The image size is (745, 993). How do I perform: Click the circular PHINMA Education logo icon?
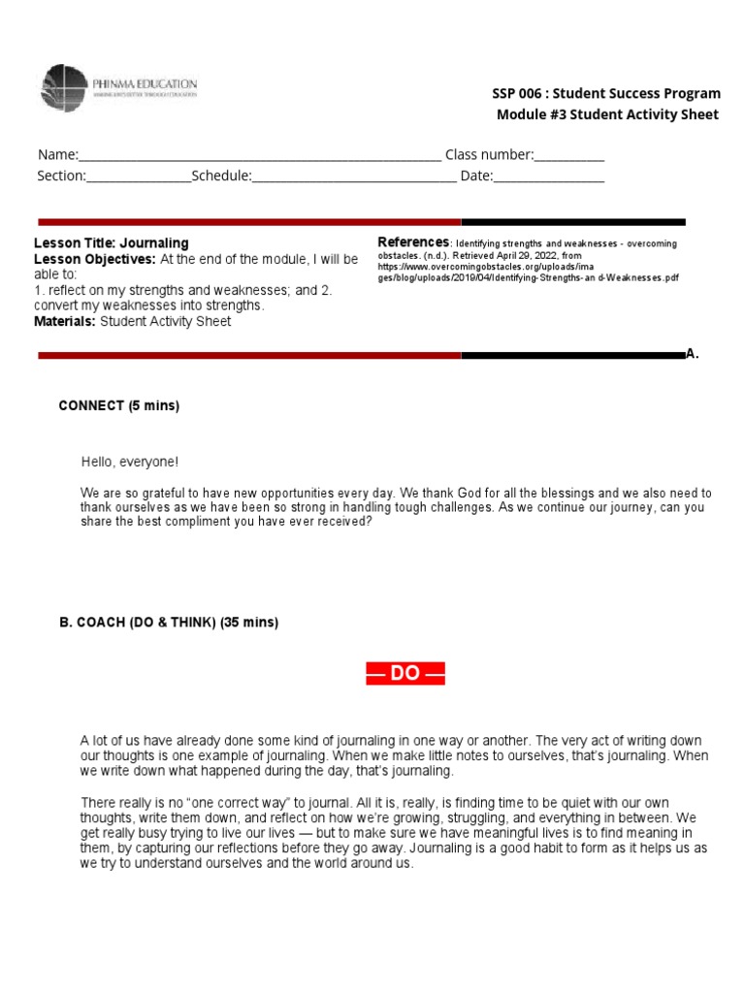click(x=64, y=89)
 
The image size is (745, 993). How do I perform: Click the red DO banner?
click(x=405, y=674)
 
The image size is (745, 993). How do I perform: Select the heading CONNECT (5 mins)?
click(x=119, y=406)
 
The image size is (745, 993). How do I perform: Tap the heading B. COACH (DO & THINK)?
click(x=169, y=623)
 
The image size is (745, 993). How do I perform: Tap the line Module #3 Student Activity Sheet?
click(x=607, y=115)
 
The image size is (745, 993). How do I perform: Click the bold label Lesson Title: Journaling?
click(x=112, y=243)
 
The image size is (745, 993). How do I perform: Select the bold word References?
click(x=412, y=241)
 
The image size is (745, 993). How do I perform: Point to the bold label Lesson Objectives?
click(x=95, y=260)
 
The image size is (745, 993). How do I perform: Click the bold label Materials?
click(x=65, y=322)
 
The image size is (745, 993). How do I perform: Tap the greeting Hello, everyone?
click(x=129, y=463)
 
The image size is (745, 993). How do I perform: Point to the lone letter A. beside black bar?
click(x=692, y=355)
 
